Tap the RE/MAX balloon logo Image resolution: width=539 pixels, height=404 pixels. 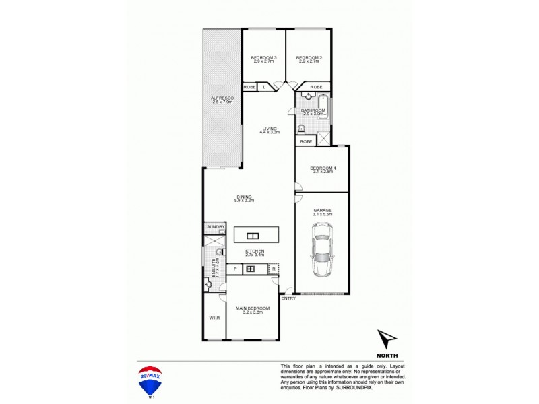[149, 380]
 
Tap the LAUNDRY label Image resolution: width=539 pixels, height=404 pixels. [214, 227]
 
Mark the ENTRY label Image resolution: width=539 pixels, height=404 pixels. [288, 298]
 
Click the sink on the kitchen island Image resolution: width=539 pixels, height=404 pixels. [253, 236]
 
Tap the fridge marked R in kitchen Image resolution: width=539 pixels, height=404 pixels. [274, 269]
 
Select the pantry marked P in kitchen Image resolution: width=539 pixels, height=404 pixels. [234, 269]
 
